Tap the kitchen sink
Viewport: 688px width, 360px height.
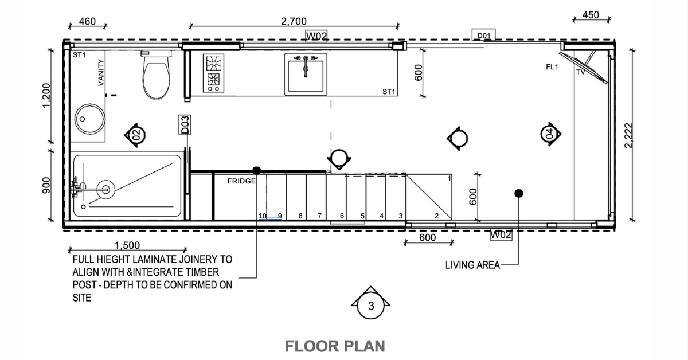click(306, 74)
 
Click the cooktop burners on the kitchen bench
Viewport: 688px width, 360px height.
click(214, 73)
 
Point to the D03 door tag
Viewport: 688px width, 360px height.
click(185, 125)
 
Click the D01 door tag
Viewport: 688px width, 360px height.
click(484, 36)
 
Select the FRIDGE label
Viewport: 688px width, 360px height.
click(241, 181)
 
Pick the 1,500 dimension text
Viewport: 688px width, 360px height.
click(127, 245)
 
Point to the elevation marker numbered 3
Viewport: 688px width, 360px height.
click(371, 306)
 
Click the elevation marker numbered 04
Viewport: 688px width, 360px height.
click(550, 134)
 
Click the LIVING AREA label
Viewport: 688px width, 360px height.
click(472, 265)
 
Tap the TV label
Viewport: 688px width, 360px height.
click(580, 73)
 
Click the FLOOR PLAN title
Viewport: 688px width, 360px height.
click(335, 346)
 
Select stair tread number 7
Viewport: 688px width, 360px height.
click(319, 216)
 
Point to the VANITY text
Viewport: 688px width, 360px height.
click(101, 72)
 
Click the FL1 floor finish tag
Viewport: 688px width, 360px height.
click(552, 67)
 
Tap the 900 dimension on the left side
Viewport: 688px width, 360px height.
click(46, 185)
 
